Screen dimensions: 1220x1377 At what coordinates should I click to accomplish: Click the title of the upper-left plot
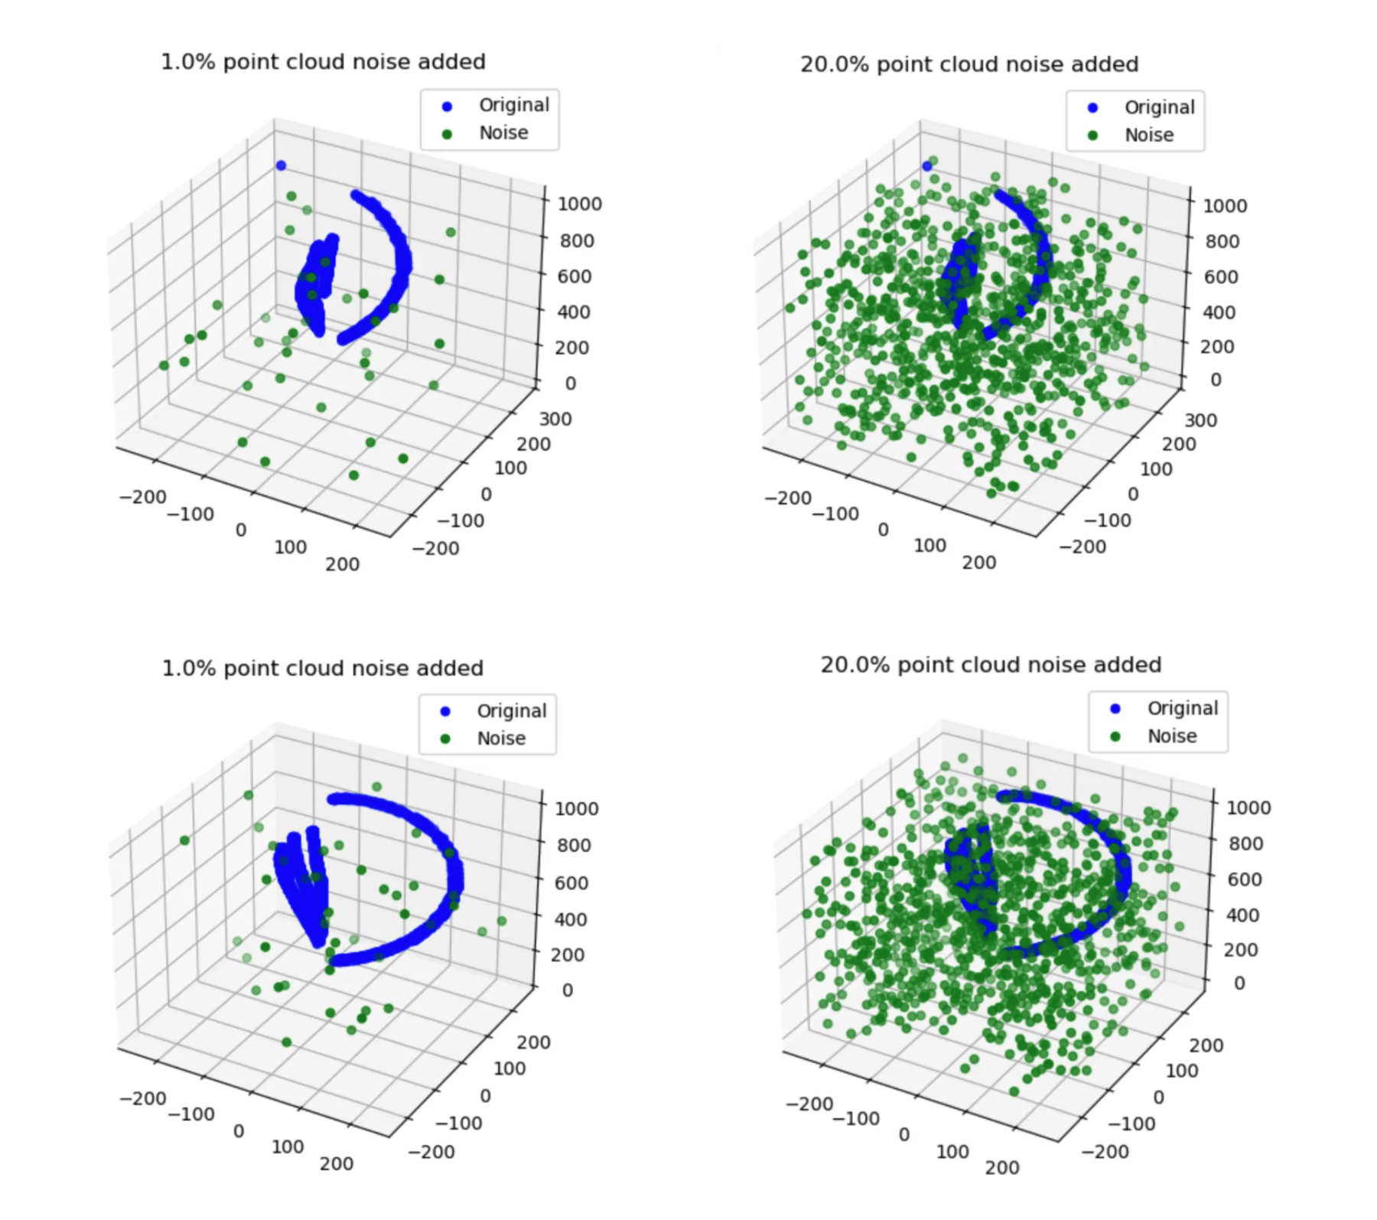[323, 62]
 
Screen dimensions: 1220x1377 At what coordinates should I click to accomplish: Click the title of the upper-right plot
[969, 64]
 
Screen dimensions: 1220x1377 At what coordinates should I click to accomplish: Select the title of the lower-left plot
[322, 668]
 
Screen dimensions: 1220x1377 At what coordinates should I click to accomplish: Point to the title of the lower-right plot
[991, 665]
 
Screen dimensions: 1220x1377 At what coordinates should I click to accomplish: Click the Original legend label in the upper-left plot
[514, 105]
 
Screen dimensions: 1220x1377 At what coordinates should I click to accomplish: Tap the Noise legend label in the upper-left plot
[503, 133]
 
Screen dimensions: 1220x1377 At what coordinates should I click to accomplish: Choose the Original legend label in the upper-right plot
[1159, 107]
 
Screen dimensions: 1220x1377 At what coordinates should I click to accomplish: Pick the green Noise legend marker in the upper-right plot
[1092, 135]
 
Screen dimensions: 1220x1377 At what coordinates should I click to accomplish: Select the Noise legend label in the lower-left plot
[501, 739]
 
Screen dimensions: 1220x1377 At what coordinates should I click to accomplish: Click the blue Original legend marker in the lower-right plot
[1115, 709]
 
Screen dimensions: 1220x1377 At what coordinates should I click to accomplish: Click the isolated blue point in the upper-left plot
[281, 165]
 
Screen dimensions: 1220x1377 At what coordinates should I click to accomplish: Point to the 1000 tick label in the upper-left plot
[579, 204]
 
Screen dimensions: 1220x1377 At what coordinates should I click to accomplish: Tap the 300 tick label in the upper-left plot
[555, 419]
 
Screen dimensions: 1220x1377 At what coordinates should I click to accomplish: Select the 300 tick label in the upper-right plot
[1200, 420]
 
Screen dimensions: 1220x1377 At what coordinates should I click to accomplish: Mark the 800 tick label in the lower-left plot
[574, 845]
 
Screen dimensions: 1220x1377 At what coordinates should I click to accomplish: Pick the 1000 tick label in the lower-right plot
[1248, 807]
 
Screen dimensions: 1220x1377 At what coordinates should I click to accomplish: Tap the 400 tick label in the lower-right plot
[1245, 915]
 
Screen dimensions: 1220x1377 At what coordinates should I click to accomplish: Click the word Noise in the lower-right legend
[1172, 736]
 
